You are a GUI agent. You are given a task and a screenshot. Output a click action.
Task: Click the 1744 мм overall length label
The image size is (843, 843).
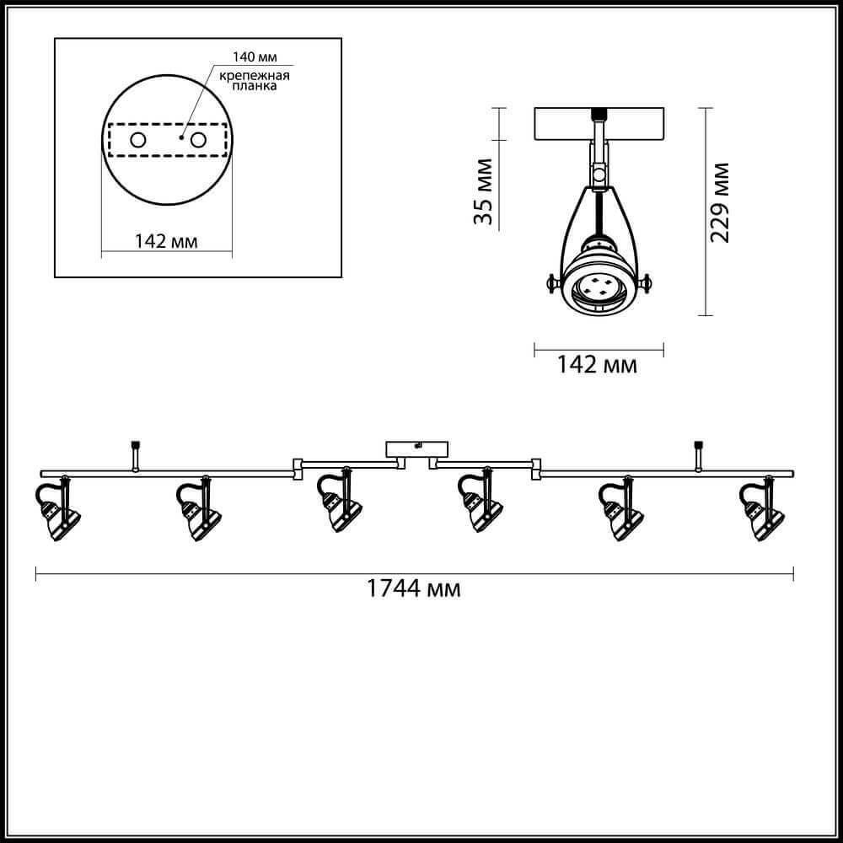(x=413, y=588)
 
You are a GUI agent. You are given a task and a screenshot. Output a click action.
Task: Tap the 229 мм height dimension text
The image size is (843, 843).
(x=720, y=202)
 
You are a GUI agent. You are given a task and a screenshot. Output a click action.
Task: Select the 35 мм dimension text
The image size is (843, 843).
(x=483, y=191)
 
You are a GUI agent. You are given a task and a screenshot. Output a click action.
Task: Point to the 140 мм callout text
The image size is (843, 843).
(x=255, y=56)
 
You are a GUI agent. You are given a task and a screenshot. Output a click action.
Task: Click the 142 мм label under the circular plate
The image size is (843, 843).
(x=166, y=241)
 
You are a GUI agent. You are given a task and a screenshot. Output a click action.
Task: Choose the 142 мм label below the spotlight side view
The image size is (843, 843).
(x=597, y=365)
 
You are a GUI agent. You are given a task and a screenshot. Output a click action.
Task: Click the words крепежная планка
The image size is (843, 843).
(x=255, y=81)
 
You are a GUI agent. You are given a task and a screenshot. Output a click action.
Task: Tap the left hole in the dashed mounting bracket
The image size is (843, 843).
(x=138, y=140)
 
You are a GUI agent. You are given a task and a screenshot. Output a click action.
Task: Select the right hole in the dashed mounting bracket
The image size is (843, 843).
(x=198, y=140)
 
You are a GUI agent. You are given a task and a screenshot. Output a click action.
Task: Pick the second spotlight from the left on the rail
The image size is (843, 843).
(x=198, y=508)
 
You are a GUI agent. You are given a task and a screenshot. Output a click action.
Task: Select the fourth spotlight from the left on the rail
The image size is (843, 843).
(x=481, y=500)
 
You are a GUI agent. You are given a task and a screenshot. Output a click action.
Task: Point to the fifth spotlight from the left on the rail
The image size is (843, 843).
(x=621, y=508)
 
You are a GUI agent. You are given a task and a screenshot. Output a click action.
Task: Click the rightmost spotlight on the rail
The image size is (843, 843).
(x=762, y=508)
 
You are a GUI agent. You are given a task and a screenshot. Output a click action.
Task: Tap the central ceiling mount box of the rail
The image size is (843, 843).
(x=417, y=450)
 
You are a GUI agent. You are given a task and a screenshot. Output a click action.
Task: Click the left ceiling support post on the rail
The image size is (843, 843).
(x=135, y=456)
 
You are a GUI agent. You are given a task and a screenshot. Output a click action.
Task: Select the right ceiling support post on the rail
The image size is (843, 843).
(x=698, y=456)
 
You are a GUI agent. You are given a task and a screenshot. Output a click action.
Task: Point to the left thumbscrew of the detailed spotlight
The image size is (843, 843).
(x=553, y=282)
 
